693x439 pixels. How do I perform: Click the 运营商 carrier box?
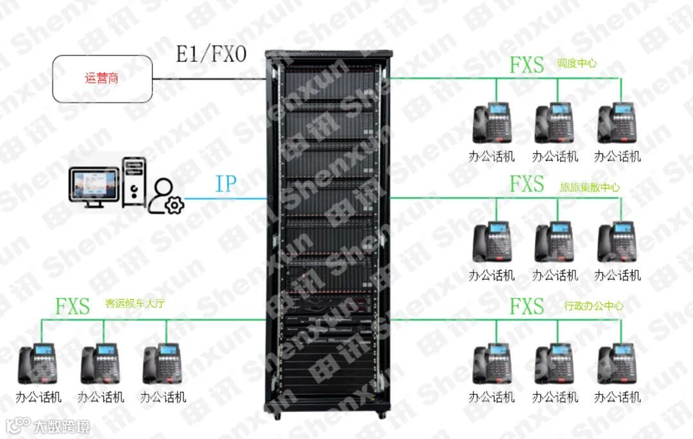pyautogui.click(x=103, y=79)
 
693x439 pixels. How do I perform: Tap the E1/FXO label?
pyautogui.click(x=211, y=55)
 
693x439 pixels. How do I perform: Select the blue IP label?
pyautogui.click(x=225, y=184)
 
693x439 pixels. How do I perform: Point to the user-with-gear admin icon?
pyautogui.click(x=166, y=196)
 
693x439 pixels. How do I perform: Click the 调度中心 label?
pyautogui.click(x=576, y=64)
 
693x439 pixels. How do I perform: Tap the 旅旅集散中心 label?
pyautogui.click(x=590, y=187)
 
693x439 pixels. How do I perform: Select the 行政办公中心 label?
pyautogui.click(x=593, y=306)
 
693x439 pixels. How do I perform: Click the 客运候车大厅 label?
pyautogui.click(x=135, y=304)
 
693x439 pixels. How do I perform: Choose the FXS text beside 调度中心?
pyautogui.click(x=526, y=65)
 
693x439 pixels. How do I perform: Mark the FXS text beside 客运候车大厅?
pyautogui.click(x=72, y=306)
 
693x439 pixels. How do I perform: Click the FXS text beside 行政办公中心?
pyautogui.click(x=526, y=307)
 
